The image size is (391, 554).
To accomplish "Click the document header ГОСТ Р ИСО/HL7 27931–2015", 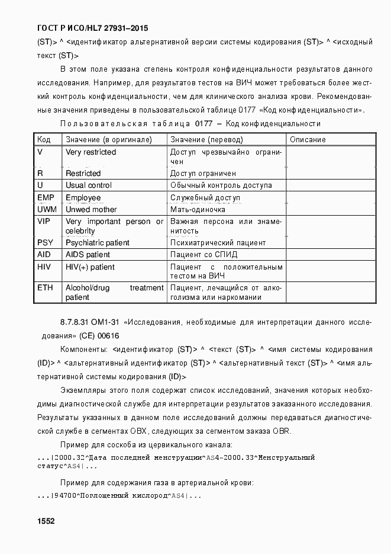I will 92,28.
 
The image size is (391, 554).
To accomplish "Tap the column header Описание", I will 308,139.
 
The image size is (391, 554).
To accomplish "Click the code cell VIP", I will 43,222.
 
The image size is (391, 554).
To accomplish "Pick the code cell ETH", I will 44,288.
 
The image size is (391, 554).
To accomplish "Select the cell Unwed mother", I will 91,209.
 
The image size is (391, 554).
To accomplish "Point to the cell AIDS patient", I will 88,255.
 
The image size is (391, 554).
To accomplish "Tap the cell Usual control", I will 88,185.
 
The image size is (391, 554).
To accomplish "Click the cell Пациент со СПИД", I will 203,255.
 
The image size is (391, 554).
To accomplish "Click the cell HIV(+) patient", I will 90,267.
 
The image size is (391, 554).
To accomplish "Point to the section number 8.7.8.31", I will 75,322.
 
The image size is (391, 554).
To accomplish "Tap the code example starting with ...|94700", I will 119,495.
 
